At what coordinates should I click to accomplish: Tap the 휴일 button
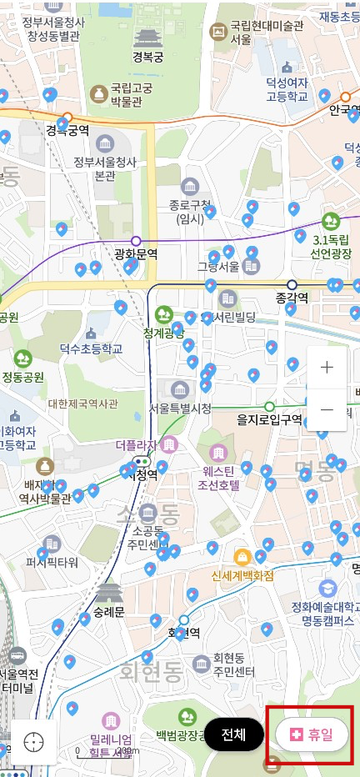tap(312, 734)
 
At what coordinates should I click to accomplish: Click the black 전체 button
tap(233, 734)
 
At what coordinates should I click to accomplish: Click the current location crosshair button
tap(34, 741)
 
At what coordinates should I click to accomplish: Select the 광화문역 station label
tap(136, 253)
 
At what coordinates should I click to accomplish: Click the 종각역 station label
tap(292, 298)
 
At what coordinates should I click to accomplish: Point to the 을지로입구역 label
tap(269, 419)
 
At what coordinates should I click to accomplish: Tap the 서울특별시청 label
tap(180, 409)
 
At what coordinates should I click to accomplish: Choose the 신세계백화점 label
tap(242, 576)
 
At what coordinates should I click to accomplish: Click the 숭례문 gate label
tap(108, 611)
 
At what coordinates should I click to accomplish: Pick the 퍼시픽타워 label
tap(52, 561)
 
